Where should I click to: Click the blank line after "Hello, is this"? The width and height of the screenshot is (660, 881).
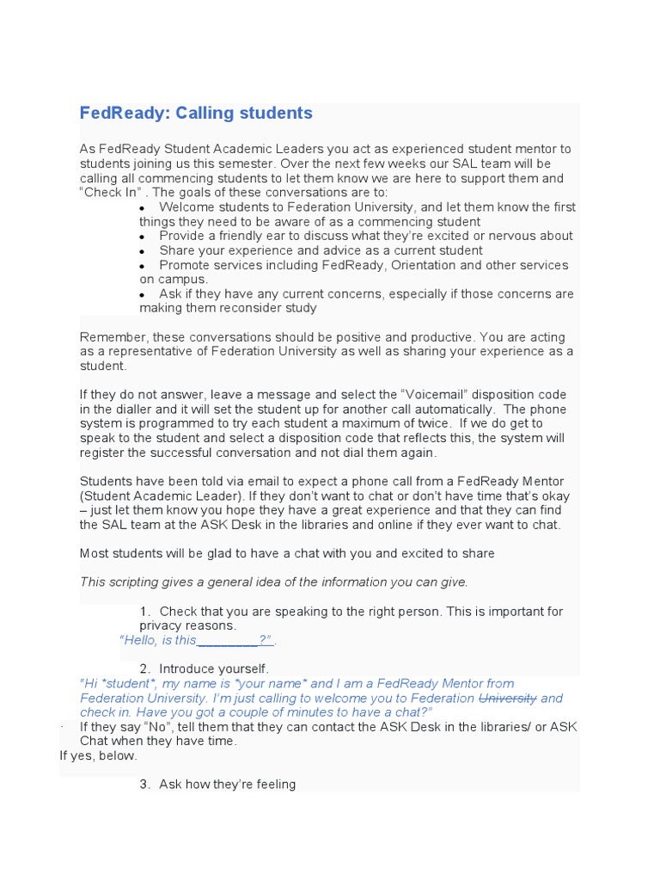click(x=228, y=640)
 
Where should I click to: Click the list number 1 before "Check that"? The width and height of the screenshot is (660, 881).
click(x=144, y=612)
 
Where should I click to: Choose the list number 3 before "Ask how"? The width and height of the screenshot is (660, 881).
click(x=144, y=784)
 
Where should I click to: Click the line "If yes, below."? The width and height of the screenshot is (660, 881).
click(x=98, y=755)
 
